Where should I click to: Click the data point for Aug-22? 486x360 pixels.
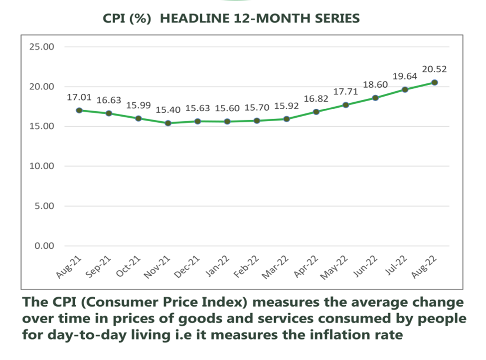pos(434,82)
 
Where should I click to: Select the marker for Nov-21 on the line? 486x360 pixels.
pos(168,123)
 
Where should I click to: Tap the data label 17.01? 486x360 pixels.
pos(78,97)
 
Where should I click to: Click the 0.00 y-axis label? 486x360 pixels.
pos(43,246)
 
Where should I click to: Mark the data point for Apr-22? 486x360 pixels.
pos(316,112)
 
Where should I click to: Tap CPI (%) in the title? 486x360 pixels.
pos(127,18)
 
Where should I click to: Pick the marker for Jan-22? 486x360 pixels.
pos(227,121)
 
